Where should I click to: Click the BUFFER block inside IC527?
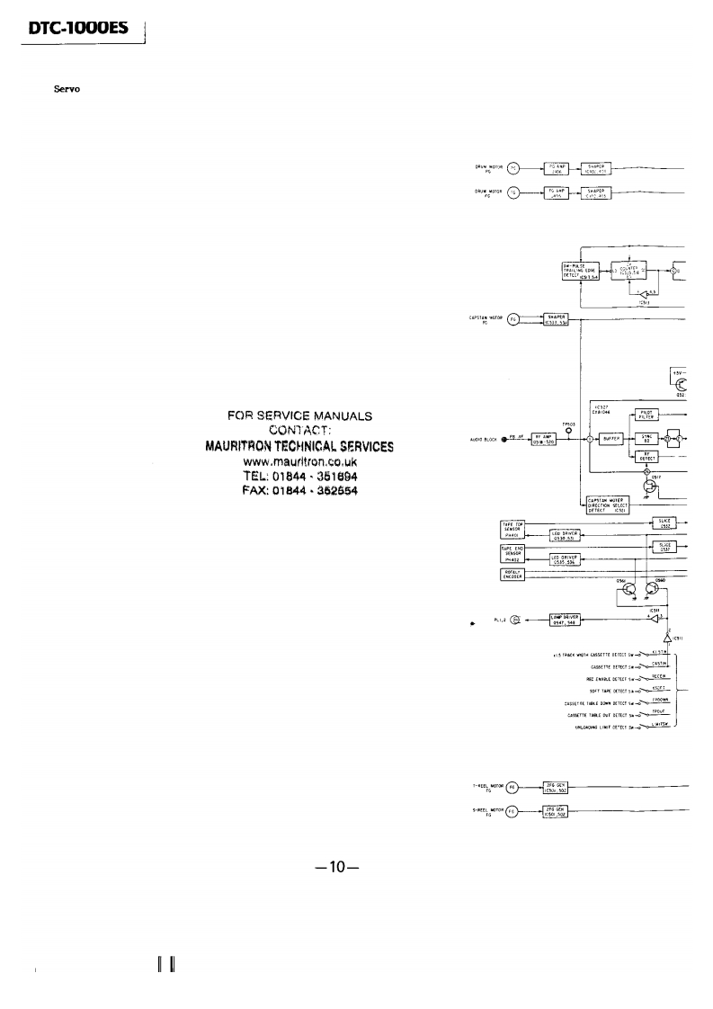click(x=613, y=440)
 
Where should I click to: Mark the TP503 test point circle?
click(x=568, y=427)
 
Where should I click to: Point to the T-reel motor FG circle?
click(x=512, y=785)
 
